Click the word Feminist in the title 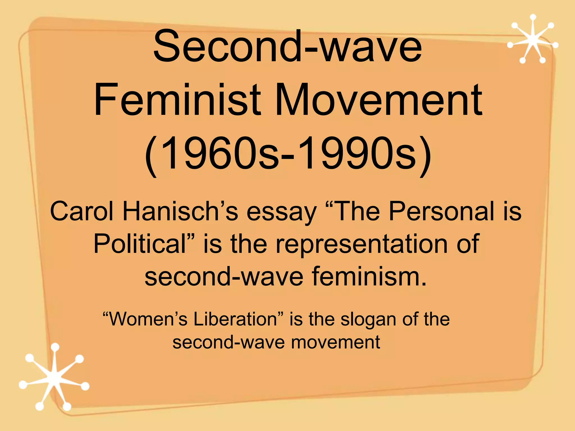pos(177,100)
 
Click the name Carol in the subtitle pos(82,211)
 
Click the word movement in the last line pos(336,342)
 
